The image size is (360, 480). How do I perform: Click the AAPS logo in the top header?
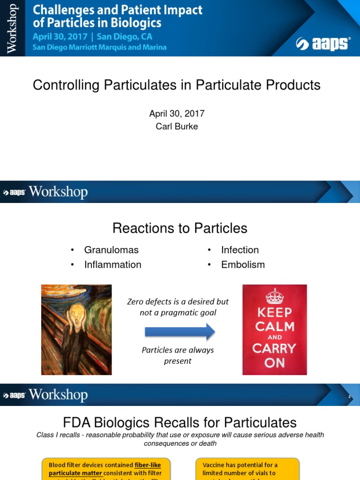(322, 44)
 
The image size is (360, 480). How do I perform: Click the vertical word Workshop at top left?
(12, 29)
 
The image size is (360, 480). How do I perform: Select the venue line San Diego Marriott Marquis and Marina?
(99, 47)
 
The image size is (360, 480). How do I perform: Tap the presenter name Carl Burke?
(177, 127)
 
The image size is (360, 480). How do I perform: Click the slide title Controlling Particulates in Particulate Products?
(177, 85)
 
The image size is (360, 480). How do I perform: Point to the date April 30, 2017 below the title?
(177, 114)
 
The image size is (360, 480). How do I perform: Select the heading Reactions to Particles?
(180, 228)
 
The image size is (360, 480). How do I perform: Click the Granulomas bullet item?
(111, 250)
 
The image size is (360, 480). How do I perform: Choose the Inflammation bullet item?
(112, 264)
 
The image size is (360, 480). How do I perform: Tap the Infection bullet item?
(240, 250)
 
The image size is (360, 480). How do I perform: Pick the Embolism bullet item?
(243, 264)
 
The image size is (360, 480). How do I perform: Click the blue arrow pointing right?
(180, 332)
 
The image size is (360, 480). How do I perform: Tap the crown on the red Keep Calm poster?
(274, 296)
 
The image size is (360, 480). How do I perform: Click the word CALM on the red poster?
(275, 326)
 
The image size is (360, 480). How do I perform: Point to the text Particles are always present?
(178, 355)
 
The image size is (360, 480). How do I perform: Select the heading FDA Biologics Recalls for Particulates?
(180, 422)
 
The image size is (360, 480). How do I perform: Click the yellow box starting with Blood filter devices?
(105, 469)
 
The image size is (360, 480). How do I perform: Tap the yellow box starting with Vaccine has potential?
(247, 469)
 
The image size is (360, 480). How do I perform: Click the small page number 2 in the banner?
(349, 397)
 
